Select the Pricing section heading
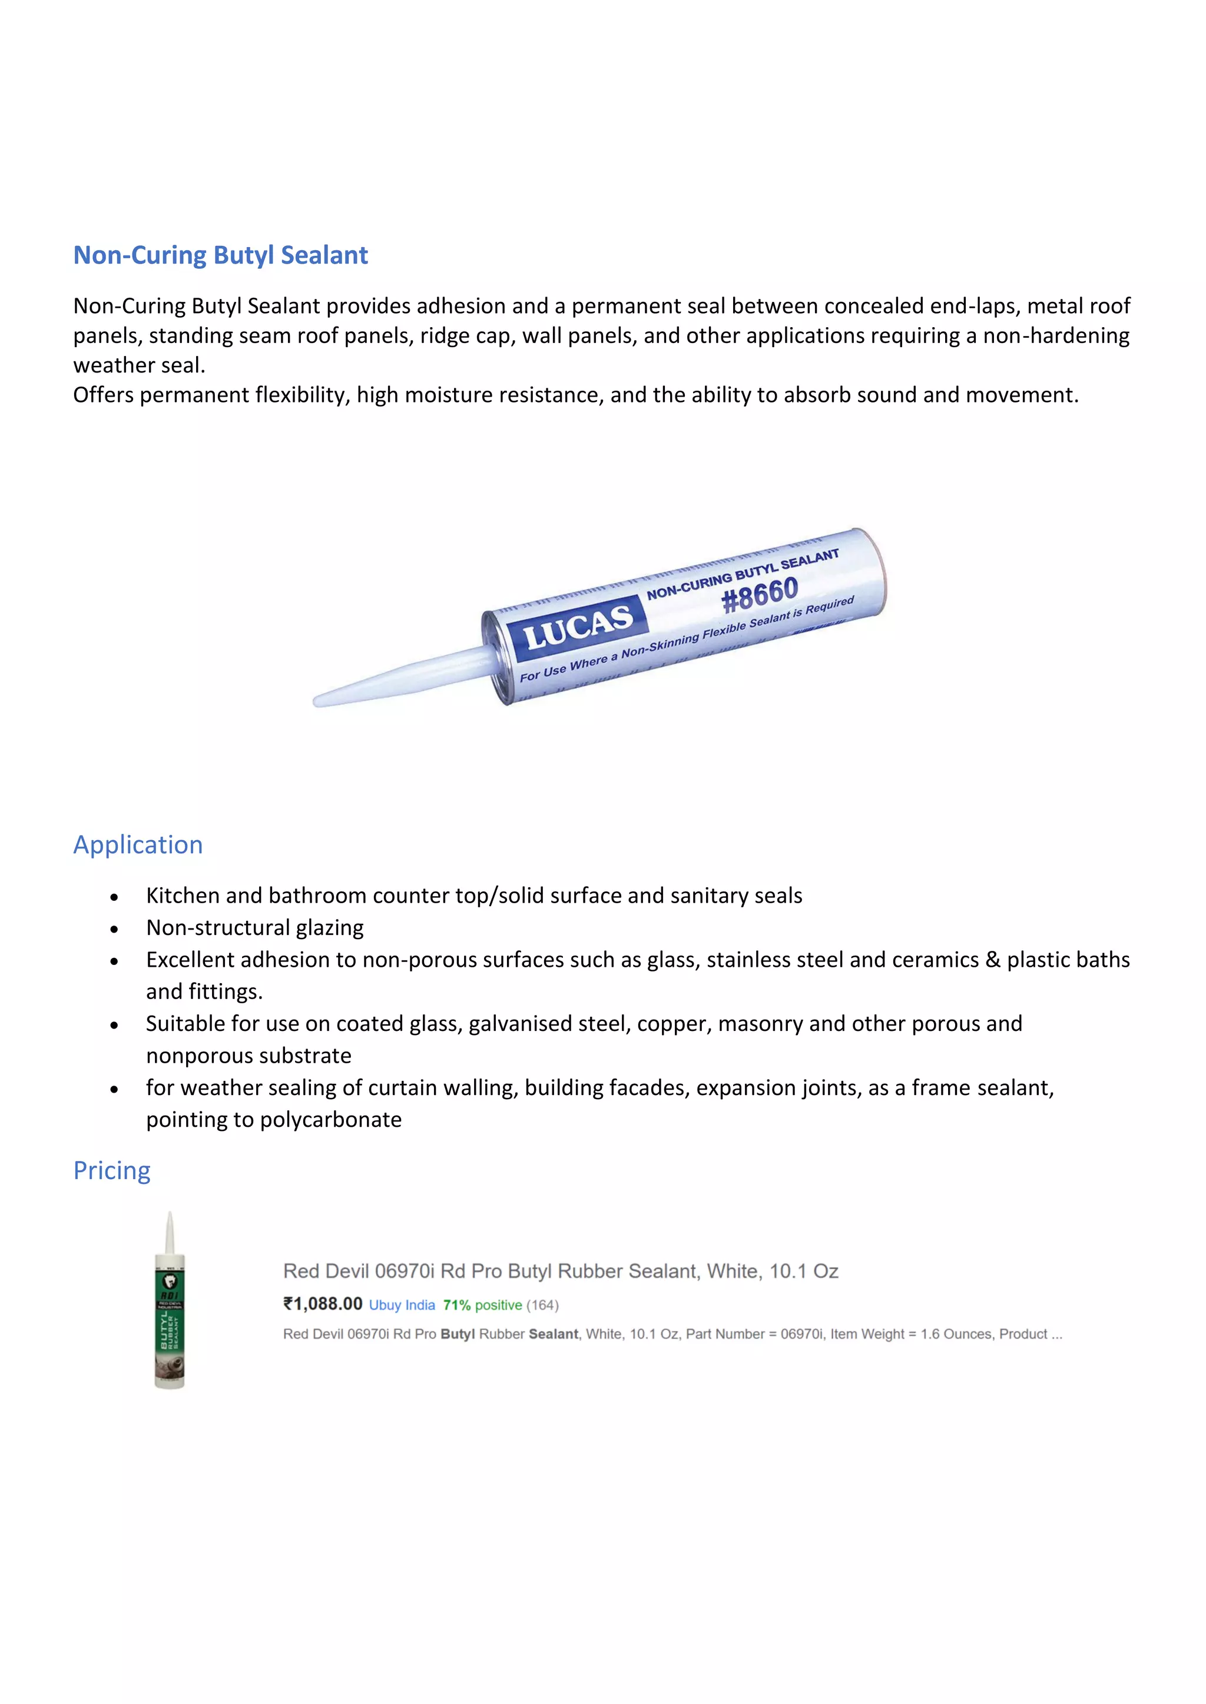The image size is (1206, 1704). (111, 1170)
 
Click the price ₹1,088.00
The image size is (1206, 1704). (323, 1304)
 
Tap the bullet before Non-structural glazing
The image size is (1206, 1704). (114, 929)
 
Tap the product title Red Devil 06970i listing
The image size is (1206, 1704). (561, 1272)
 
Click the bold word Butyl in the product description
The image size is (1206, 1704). (458, 1334)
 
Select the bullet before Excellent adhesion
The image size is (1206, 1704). (114, 961)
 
